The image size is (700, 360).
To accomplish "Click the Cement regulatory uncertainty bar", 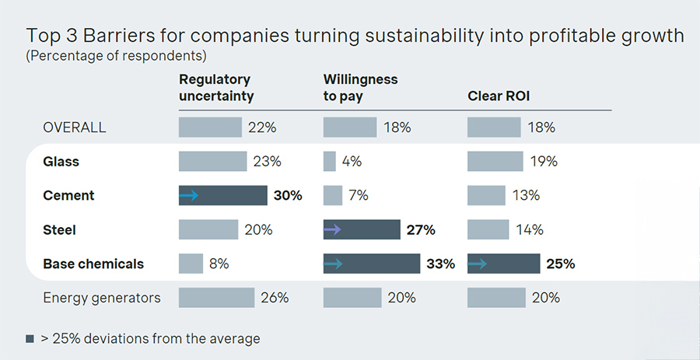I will click(x=223, y=196).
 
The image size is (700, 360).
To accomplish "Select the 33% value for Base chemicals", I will click(x=441, y=264).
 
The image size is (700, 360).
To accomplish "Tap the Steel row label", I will click(x=59, y=229).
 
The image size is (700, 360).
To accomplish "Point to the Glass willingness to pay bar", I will click(x=329, y=162).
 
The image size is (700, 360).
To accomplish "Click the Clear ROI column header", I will click(x=497, y=96).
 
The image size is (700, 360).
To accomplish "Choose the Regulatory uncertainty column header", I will click(x=216, y=88).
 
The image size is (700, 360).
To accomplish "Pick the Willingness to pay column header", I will click(x=360, y=88).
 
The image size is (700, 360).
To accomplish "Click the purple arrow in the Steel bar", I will click(x=332, y=229).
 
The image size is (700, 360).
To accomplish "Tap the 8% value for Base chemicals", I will click(x=219, y=264).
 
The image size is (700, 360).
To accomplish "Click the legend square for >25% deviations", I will click(x=30, y=339).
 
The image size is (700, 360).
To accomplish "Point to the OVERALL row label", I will click(x=75, y=128).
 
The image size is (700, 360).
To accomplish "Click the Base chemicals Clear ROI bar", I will click(x=503, y=264).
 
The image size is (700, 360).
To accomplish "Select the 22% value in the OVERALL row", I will click(x=261, y=128).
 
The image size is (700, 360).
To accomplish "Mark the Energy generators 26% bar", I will click(x=216, y=298).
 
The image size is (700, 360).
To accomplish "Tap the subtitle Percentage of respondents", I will click(x=116, y=56).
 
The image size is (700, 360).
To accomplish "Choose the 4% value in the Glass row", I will click(x=352, y=162).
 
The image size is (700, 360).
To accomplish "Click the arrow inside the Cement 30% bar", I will click(x=188, y=196).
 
